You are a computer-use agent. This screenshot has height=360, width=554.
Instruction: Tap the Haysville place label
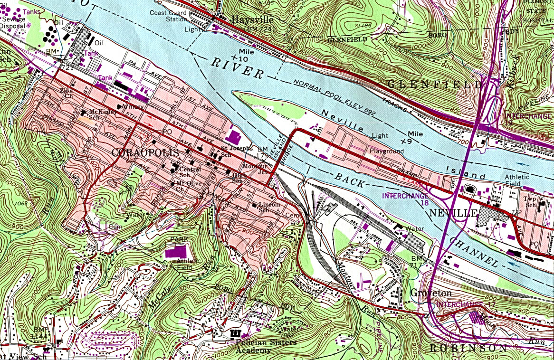pos(252,20)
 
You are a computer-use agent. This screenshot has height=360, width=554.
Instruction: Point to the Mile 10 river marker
pos(244,55)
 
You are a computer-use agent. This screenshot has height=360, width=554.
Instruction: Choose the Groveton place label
pos(431,292)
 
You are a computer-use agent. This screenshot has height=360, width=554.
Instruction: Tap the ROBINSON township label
pos(468,349)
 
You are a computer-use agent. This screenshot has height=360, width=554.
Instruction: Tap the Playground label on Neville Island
pos(387,151)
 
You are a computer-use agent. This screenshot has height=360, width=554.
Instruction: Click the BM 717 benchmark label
pos(416,262)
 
